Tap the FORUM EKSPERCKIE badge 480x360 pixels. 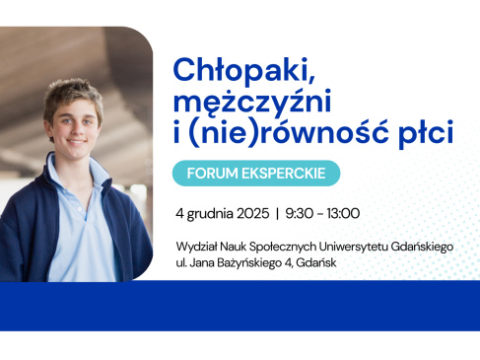point(256,174)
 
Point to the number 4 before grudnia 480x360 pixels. point(178,213)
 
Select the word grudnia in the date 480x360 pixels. point(210,214)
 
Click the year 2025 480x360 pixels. point(252,213)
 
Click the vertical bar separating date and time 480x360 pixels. point(278,213)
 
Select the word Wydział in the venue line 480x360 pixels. point(195,247)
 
